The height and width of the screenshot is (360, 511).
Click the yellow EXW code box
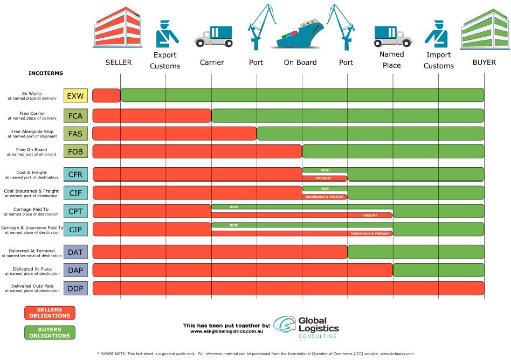coord(75,95)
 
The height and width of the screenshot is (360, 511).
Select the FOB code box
coord(75,151)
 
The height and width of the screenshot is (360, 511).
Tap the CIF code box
coord(75,192)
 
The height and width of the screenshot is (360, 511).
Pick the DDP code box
coord(75,288)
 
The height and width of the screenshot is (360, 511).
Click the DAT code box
coord(75,251)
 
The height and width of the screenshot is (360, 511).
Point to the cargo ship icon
coord(301,36)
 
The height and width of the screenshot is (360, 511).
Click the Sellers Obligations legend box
coord(50,313)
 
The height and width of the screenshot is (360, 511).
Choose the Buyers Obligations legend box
coord(50,333)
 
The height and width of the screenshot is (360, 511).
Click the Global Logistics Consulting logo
coord(306,327)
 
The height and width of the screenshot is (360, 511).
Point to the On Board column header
coord(300,63)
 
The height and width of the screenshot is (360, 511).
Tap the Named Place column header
coord(391,60)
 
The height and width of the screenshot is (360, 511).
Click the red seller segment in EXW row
coord(106,95)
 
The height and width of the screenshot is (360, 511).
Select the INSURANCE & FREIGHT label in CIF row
coord(324,197)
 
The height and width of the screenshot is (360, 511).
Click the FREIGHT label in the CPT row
coord(370,215)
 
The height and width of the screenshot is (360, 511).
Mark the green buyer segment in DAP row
coord(438,270)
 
